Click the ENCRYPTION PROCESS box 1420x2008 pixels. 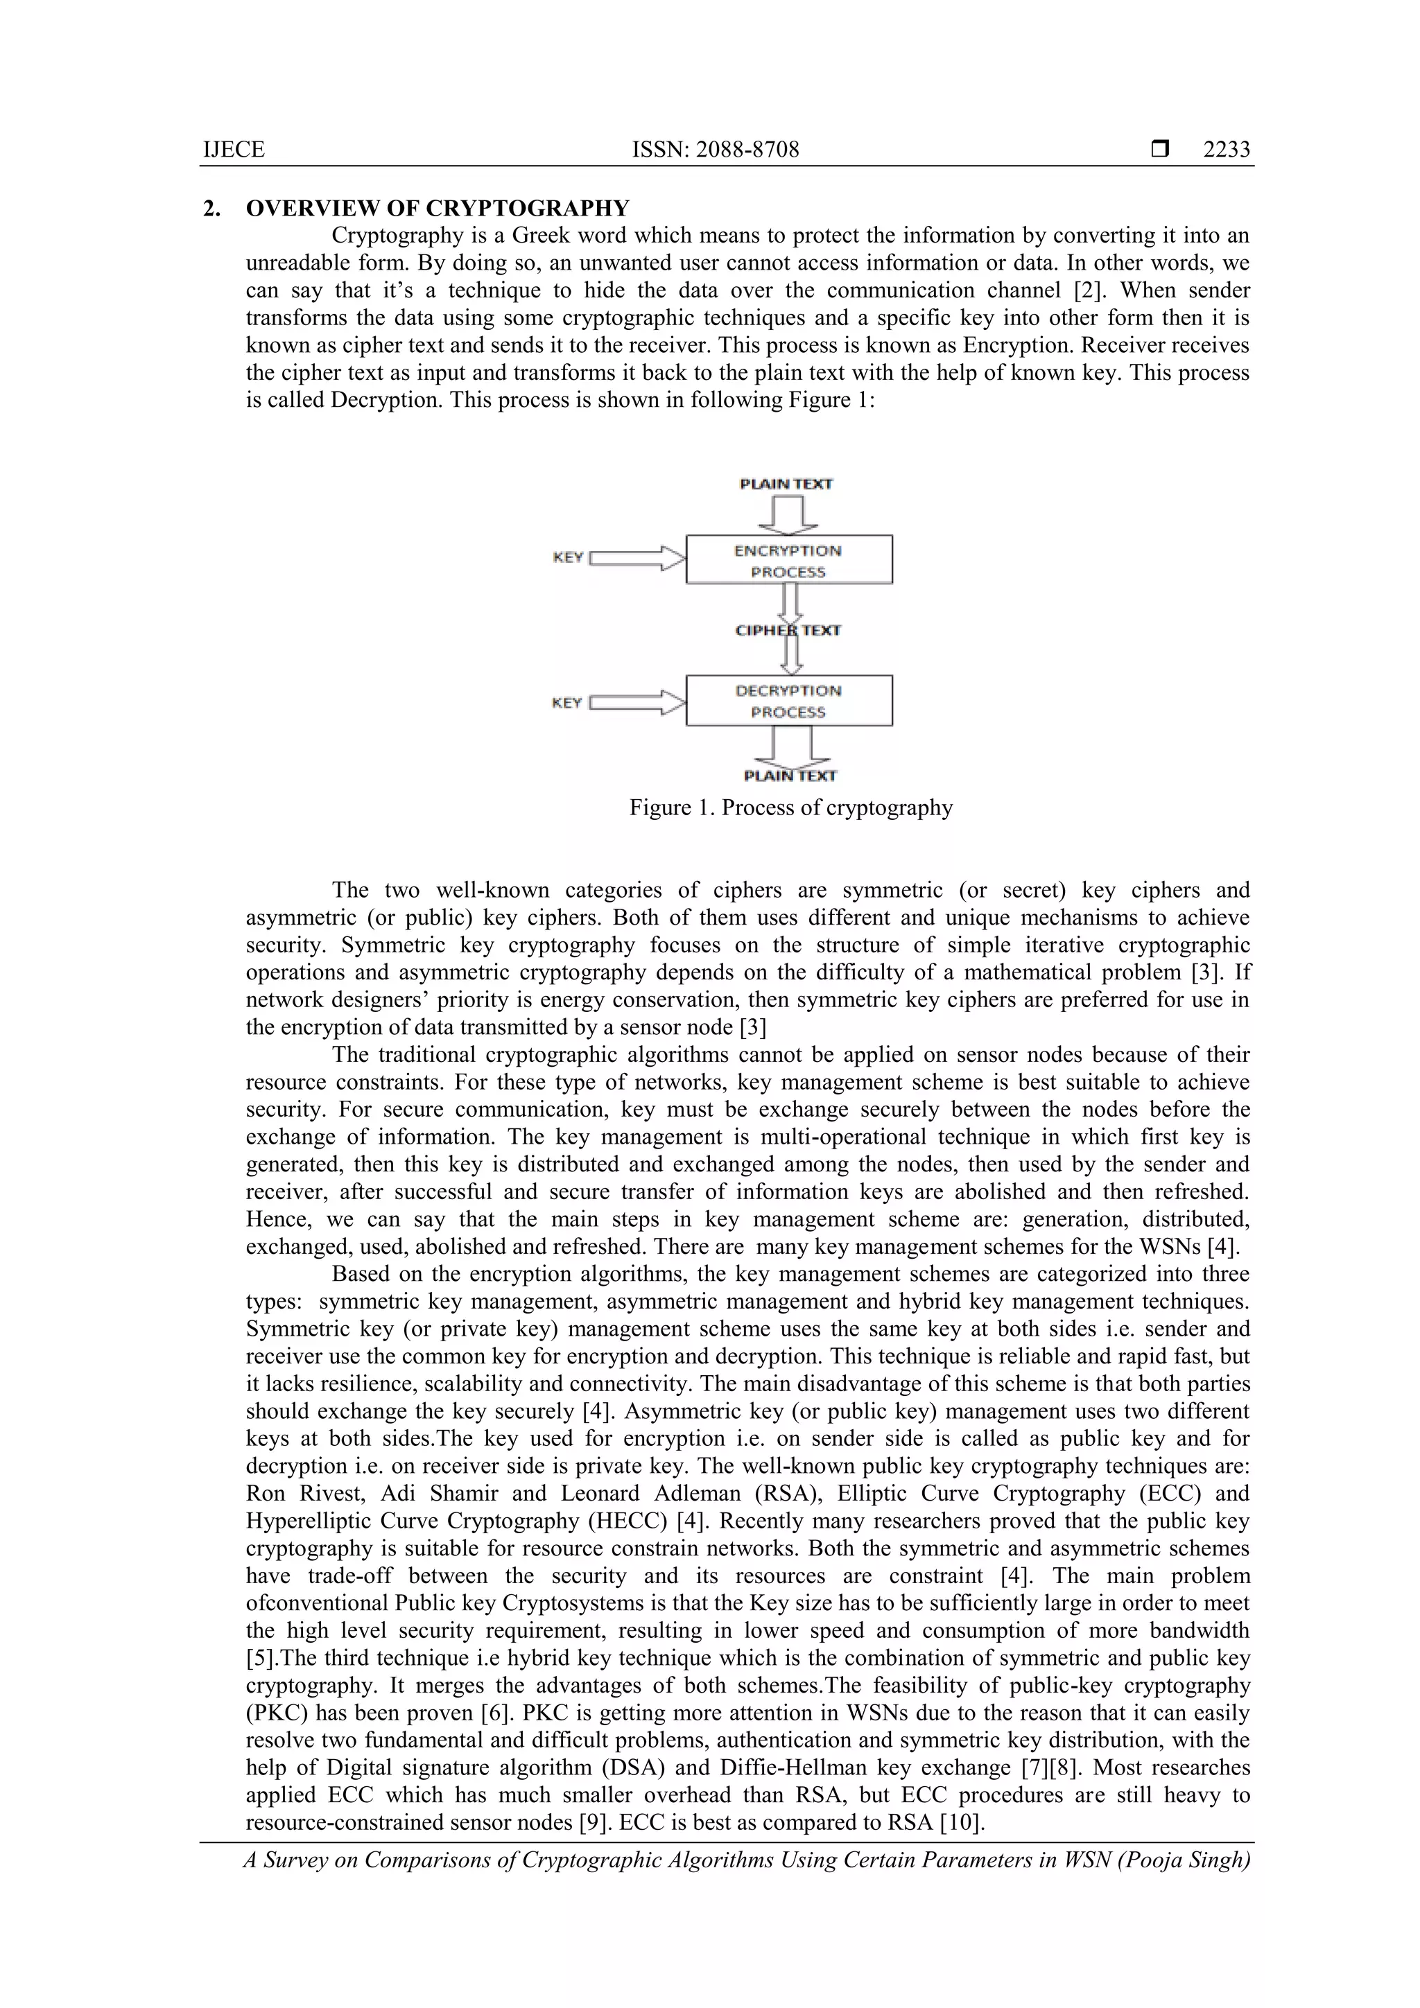click(788, 560)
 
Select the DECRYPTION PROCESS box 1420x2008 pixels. click(788, 701)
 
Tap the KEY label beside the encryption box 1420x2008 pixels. click(568, 557)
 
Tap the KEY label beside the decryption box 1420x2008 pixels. click(567, 702)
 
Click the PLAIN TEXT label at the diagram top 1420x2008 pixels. click(786, 484)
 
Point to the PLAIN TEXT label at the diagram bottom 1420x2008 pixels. click(789, 776)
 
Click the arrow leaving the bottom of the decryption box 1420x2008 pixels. click(792, 746)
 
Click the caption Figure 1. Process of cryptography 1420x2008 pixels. click(790, 807)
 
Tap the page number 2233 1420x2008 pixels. click(1226, 150)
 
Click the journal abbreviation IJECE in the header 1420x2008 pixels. click(234, 150)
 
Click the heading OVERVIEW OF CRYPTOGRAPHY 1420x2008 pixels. click(438, 208)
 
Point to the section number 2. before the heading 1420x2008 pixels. click(211, 208)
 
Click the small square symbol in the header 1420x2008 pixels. click(1159, 150)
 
